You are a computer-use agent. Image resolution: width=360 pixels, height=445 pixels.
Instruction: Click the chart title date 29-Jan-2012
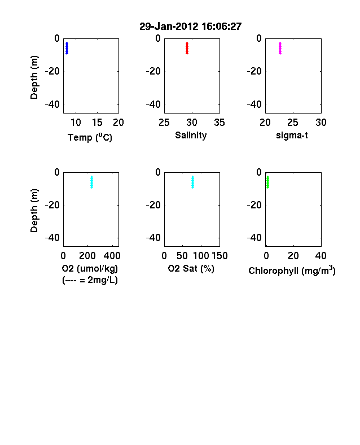click(x=169, y=27)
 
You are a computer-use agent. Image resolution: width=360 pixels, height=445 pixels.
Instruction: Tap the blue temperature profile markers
click(x=67, y=48)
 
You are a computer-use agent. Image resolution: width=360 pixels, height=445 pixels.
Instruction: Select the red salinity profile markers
click(x=187, y=48)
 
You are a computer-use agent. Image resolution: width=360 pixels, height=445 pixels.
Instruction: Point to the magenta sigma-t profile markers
click(x=280, y=48)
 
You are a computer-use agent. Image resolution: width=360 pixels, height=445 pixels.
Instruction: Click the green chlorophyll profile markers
click(x=267, y=182)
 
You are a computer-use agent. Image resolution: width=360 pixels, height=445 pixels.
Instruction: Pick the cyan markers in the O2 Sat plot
click(x=193, y=182)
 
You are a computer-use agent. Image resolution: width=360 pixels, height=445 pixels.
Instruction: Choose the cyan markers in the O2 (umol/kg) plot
click(x=91, y=182)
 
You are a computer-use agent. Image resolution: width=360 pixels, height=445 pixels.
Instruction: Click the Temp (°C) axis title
click(x=90, y=137)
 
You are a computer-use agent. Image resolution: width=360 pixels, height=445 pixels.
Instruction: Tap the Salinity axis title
click(x=191, y=136)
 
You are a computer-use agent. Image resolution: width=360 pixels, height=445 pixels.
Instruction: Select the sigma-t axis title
click(x=292, y=136)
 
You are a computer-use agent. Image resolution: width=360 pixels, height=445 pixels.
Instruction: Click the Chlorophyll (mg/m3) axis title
click(x=292, y=271)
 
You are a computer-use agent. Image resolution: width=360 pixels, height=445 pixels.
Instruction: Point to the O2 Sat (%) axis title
click(x=191, y=268)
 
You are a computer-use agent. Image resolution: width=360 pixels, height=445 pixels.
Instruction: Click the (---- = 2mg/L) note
click(x=90, y=280)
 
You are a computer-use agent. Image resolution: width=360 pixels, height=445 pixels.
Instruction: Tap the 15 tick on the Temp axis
click(x=97, y=123)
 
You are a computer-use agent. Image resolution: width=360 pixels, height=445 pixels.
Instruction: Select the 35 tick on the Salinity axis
click(x=219, y=123)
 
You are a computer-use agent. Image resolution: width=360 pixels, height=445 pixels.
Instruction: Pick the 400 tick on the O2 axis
click(x=112, y=256)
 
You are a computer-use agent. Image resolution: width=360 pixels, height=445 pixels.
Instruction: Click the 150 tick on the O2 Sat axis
click(x=219, y=256)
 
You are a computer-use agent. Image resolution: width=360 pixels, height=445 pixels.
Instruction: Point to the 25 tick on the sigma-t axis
click(x=293, y=123)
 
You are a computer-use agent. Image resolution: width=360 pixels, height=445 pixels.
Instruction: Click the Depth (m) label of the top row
click(x=34, y=77)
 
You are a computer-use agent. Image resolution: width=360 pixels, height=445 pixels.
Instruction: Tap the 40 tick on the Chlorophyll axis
click(x=321, y=256)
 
